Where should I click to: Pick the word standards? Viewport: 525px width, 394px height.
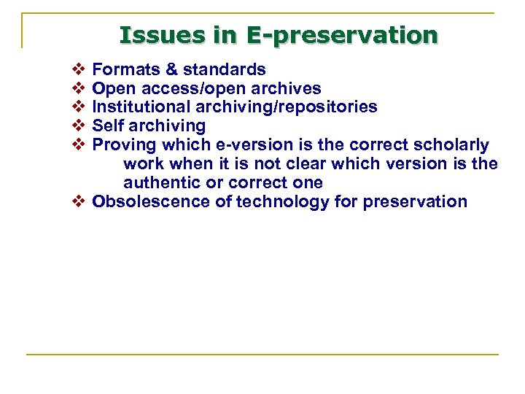224,70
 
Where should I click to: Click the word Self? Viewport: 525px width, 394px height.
108,126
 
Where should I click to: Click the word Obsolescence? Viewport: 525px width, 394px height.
151,202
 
